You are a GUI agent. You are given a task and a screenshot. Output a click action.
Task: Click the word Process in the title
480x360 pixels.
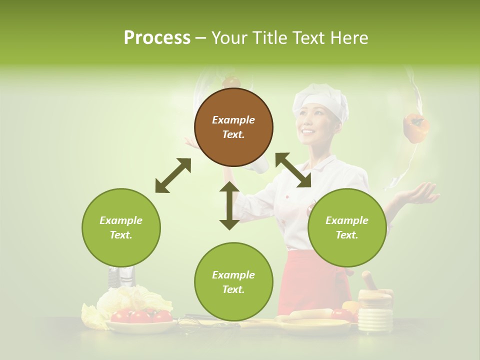point(157,37)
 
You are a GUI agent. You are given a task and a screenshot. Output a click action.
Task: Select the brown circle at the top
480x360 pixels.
point(233,127)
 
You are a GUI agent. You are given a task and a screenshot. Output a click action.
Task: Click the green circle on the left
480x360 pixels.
point(121,227)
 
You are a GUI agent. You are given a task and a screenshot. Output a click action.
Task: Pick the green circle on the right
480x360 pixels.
point(347,227)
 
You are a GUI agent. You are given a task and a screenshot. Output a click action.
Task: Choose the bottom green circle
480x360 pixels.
point(233,282)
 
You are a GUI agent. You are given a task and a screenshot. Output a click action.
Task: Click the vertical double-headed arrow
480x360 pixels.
point(229,205)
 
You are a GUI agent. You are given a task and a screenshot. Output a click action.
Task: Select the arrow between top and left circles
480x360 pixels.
point(173,175)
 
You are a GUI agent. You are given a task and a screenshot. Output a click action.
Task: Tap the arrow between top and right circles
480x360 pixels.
point(293,170)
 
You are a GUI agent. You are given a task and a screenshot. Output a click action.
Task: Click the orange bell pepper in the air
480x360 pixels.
point(416,127)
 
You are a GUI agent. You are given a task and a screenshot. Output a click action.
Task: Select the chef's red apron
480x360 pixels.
point(310,285)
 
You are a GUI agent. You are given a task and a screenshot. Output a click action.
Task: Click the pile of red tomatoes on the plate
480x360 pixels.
point(141,316)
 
